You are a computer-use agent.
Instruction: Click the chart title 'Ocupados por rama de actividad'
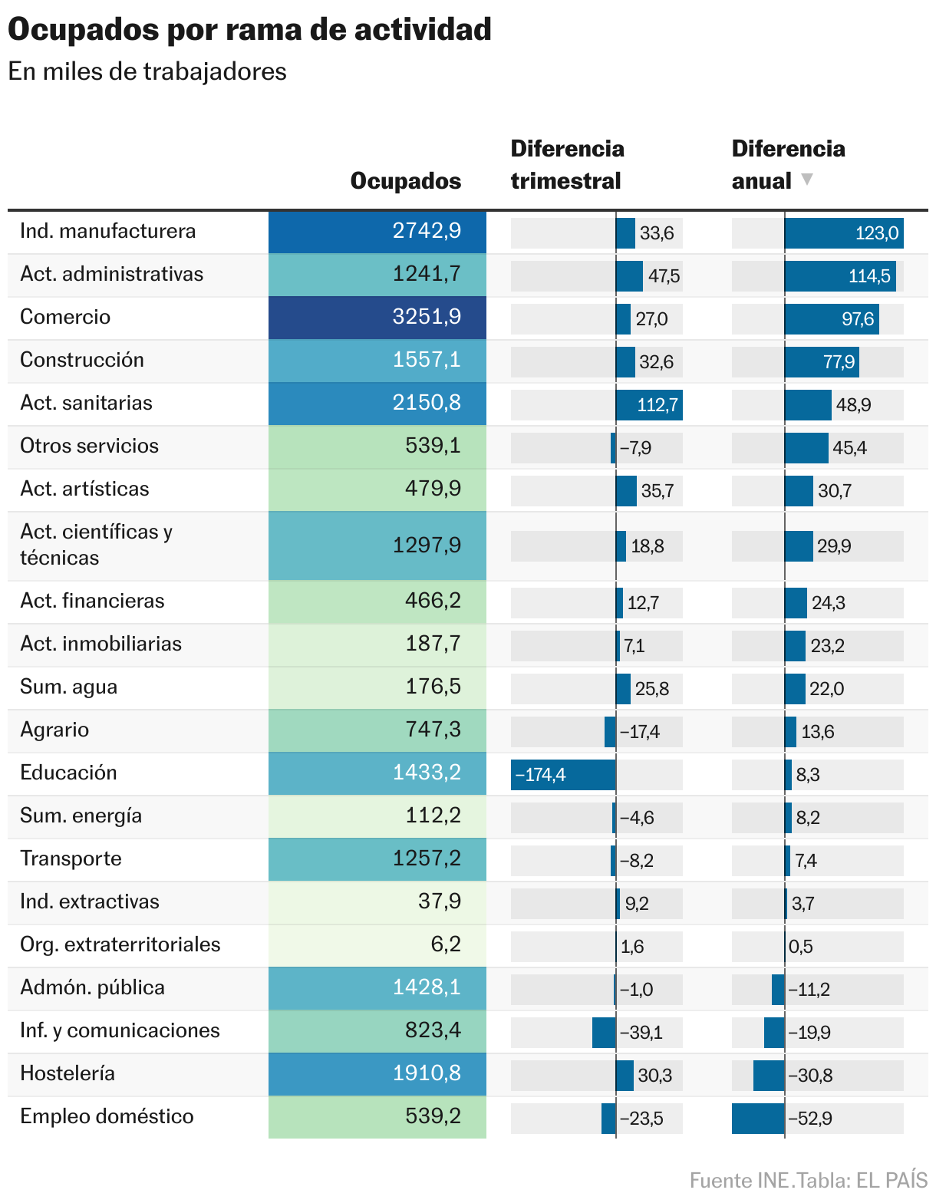point(249,30)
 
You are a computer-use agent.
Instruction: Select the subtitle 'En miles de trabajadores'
point(147,71)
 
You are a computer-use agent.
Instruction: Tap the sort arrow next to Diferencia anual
point(806,180)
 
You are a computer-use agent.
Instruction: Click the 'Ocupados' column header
point(405,181)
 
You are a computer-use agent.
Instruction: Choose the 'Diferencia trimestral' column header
point(567,165)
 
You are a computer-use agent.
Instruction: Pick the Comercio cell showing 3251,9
point(377,318)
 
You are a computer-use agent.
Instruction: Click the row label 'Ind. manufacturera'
point(108,232)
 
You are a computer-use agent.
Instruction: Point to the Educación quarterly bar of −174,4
point(563,775)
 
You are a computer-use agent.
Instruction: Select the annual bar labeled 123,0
point(844,233)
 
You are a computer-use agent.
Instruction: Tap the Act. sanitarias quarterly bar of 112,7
point(649,405)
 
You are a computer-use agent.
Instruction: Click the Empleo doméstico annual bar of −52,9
point(758,1119)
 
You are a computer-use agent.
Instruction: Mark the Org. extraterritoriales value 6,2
point(445,944)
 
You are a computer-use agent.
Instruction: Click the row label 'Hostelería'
point(68,1073)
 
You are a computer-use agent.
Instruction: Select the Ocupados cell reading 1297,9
point(377,545)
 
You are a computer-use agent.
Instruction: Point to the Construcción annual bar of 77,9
point(822,362)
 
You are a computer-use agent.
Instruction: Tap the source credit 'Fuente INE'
point(739,1180)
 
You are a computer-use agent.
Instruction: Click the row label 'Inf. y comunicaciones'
point(120,1030)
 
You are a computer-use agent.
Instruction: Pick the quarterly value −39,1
point(641,1033)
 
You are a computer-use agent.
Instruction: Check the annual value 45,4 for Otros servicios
point(849,448)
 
